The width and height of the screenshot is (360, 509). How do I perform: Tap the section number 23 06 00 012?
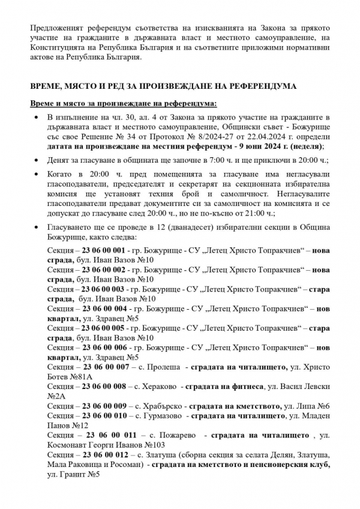point(106,455)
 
